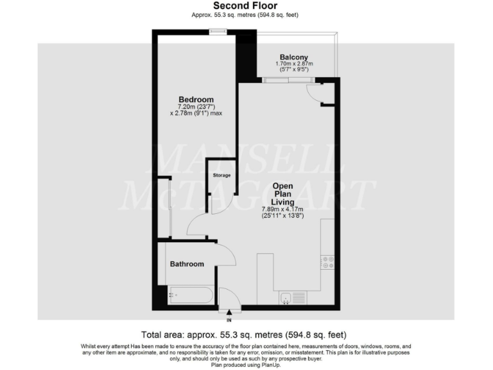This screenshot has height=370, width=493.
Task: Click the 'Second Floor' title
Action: coord(246,6)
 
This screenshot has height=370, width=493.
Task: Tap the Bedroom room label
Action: coord(196,99)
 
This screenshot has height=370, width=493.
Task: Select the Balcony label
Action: coord(294,57)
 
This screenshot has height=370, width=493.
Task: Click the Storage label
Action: coord(221,175)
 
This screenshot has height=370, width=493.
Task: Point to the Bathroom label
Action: coord(187,264)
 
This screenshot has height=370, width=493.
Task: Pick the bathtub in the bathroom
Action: coord(190,296)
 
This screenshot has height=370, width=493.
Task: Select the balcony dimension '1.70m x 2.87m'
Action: coord(294,64)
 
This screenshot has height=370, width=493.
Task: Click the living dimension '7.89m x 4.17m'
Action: coord(282,209)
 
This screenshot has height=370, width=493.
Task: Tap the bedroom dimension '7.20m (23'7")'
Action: coord(196,107)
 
